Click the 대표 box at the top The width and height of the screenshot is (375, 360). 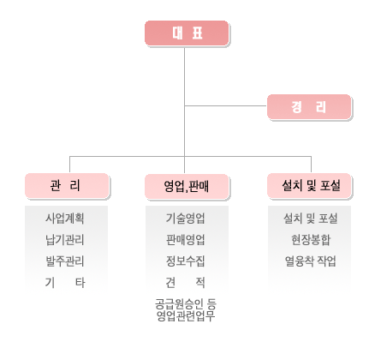coord(187,33)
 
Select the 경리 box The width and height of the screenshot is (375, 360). coord(309,107)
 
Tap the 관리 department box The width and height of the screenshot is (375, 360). coord(68,186)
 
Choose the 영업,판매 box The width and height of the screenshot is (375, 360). coord(187,186)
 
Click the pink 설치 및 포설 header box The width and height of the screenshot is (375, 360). coord(310,186)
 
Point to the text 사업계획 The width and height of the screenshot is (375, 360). coord(65,219)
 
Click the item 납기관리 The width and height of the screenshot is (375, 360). coord(65,240)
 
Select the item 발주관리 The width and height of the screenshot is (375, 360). coord(65,261)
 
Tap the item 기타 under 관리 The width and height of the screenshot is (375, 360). coord(65,283)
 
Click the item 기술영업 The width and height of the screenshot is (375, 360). coord(186,219)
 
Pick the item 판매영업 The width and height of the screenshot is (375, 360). coord(186,240)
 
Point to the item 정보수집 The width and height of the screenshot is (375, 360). coord(186,261)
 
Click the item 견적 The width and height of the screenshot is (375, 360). coord(186,283)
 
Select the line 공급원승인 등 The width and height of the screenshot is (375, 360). coord(186,304)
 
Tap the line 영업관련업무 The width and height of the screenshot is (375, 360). coord(186,315)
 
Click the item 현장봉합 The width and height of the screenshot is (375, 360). coord(311,240)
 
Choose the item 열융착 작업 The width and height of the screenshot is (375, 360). coord(311,261)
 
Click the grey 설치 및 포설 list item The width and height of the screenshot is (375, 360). coord(311,219)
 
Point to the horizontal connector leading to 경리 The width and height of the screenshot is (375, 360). coord(226,105)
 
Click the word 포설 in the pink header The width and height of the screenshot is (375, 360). coord(330,185)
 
